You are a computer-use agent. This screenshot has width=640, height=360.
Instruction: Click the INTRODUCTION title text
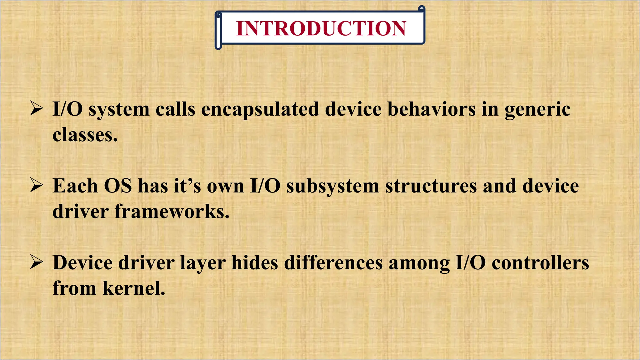(321, 28)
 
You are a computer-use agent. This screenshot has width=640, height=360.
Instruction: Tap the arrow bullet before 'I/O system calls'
(36, 109)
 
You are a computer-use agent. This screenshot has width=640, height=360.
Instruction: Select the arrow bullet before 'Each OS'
(36, 186)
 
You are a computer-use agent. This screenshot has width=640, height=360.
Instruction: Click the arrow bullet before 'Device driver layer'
(36, 262)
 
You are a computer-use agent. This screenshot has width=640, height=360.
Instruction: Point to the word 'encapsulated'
(260, 110)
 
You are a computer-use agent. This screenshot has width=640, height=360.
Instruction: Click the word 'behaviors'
(431, 109)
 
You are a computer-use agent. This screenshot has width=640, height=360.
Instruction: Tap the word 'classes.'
(85, 135)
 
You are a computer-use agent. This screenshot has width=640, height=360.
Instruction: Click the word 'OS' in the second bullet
(118, 186)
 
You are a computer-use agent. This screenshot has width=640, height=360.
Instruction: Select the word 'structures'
(431, 186)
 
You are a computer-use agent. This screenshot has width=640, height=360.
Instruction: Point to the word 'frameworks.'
(172, 212)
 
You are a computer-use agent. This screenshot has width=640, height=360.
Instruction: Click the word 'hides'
(254, 262)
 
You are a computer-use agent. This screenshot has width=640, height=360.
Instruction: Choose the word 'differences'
(333, 262)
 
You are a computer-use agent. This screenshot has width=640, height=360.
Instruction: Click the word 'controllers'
(540, 262)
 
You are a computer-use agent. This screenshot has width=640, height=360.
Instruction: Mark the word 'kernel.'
(134, 288)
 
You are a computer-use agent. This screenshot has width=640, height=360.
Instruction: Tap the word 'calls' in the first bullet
(175, 109)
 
